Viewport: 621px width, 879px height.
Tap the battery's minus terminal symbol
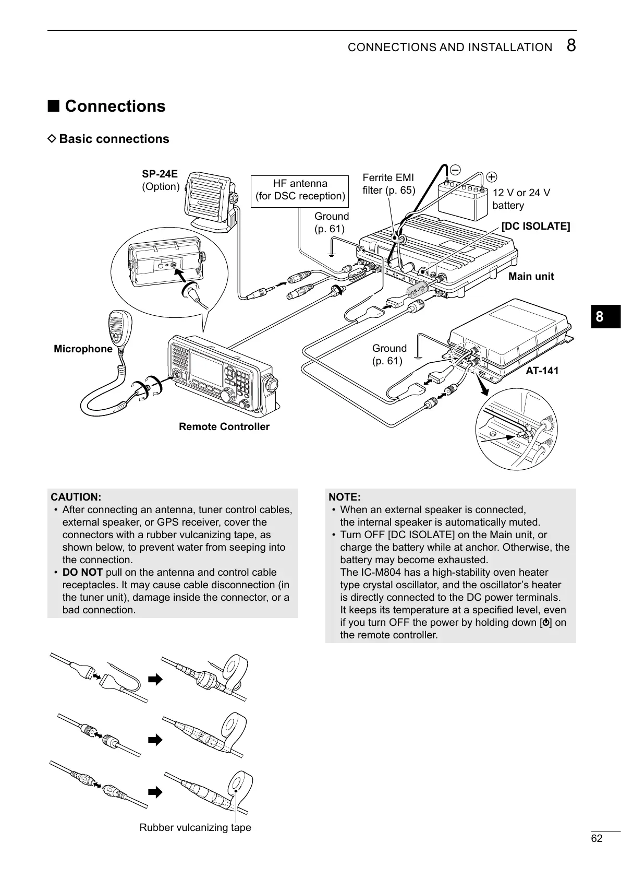pyautogui.click(x=455, y=170)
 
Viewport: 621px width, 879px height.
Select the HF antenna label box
pyautogui.click(x=300, y=190)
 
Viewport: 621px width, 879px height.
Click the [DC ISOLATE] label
pyautogui.click(x=535, y=226)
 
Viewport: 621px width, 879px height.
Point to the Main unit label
pyautogui.click(x=531, y=276)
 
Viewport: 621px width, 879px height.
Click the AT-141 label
pyautogui.click(x=542, y=371)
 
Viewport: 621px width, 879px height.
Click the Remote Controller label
pyautogui.click(x=224, y=426)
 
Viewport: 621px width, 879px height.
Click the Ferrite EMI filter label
pyautogui.click(x=388, y=184)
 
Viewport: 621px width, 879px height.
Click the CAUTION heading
pyautogui.click(x=76, y=497)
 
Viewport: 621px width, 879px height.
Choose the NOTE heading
pyautogui.click(x=345, y=497)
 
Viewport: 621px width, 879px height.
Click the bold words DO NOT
pyautogui.click(x=82, y=572)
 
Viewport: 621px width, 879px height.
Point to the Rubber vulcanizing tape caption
pyautogui.click(x=195, y=827)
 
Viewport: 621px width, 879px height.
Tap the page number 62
pyautogui.click(x=596, y=838)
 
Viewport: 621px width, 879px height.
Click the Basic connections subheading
pyautogui.click(x=114, y=139)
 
